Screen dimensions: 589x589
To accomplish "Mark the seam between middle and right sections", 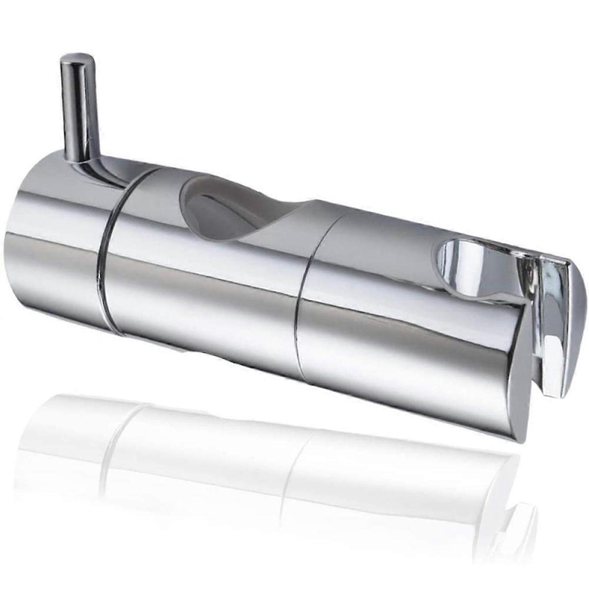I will coord(307,294).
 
